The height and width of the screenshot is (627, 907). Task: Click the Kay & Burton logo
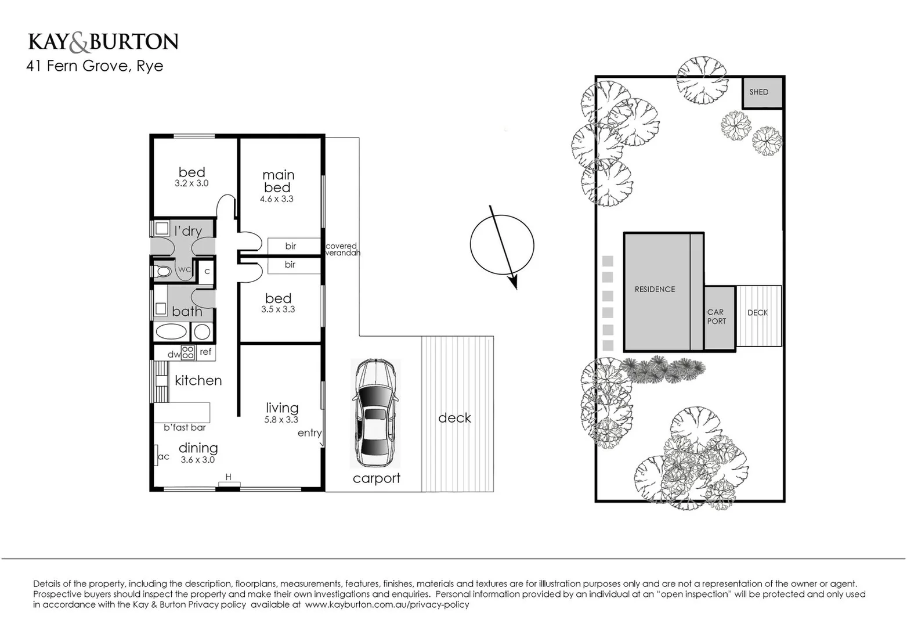tap(103, 42)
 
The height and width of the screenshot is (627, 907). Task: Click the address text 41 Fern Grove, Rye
tap(95, 66)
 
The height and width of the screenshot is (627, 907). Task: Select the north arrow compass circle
tap(501, 245)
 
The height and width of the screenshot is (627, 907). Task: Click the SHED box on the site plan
tap(762, 92)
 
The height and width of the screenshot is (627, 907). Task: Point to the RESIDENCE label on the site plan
tap(655, 289)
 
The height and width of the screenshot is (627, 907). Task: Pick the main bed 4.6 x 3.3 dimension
tap(277, 199)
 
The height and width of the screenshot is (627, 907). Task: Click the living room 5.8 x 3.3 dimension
tap(281, 420)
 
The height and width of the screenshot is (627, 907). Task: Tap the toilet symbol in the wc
tap(163, 271)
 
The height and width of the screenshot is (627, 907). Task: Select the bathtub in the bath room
tap(171, 332)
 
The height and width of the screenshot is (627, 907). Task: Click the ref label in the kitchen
tap(205, 352)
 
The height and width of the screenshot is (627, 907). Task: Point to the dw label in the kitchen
tap(174, 354)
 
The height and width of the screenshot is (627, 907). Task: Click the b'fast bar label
tap(185, 428)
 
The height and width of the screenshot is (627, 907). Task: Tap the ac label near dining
tap(163, 457)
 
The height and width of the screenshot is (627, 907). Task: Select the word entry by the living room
tap(309, 433)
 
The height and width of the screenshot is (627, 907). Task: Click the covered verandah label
tap(342, 250)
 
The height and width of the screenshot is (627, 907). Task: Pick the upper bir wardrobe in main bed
tap(291, 246)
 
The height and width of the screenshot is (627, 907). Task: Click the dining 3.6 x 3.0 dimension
tap(198, 460)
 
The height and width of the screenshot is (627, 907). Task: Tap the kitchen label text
tap(198, 380)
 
